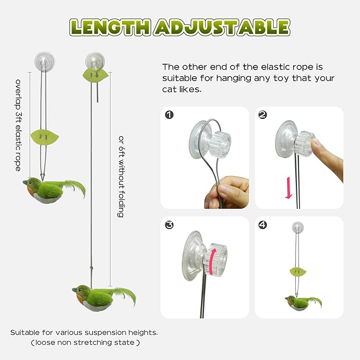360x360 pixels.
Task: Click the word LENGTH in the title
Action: click(x=109, y=27)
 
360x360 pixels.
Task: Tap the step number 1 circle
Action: click(x=169, y=115)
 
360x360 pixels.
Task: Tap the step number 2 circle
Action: click(x=262, y=115)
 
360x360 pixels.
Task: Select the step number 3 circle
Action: click(x=169, y=225)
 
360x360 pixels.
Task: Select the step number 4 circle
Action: click(x=262, y=225)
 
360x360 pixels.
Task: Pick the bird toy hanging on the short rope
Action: click(x=50, y=190)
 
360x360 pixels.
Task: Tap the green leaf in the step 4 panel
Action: click(x=297, y=272)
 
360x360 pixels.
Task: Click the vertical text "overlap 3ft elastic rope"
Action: click(x=19, y=125)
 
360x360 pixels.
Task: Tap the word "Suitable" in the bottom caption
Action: click(x=24, y=332)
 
